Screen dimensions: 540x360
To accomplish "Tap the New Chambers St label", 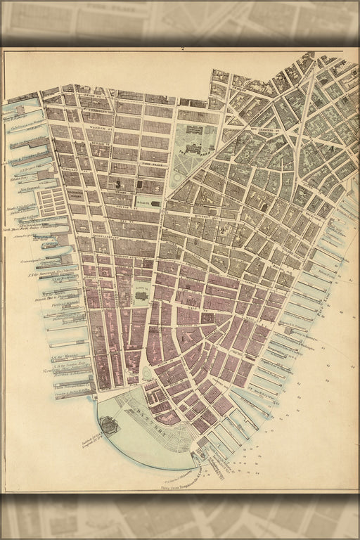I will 264,129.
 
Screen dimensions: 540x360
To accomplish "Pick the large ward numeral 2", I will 222,228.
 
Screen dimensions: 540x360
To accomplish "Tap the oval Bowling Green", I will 146,373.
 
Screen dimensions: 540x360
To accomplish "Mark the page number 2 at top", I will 181,49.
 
